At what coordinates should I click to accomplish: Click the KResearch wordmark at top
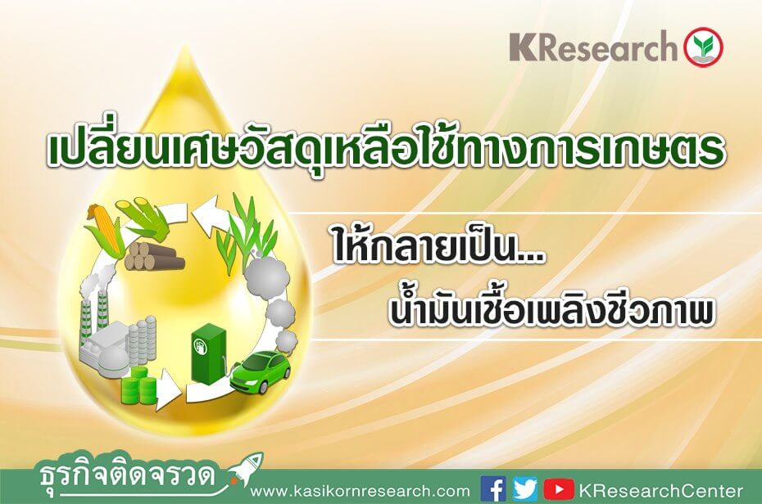tap(593, 47)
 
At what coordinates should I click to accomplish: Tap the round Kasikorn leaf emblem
tap(703, 47)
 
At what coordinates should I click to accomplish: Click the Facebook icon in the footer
tap(492, 489)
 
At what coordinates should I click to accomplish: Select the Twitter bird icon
tap(525, 489)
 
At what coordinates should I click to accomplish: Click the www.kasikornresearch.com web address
tap(360, 491)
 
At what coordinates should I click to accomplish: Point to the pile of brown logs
tap(155, 256)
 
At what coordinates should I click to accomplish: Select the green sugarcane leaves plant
tap(247, 227)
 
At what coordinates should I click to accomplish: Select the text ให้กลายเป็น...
tap(438, 250)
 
